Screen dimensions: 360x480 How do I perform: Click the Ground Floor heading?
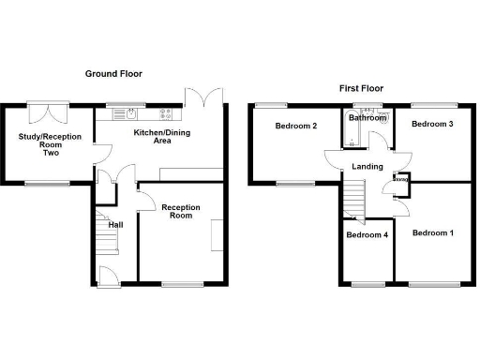pyautogui.click(x=113, y=73)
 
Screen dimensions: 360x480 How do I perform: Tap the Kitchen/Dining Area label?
pyautogui.click(x=161, y=137)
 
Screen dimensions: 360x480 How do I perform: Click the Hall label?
pyautogui.click(x=115, y=225)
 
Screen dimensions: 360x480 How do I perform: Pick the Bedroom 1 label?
pyautogui.click(x=433, y=232)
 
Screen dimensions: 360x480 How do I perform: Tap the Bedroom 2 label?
pyautogui.click(x=295, y=127)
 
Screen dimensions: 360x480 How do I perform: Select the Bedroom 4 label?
pyautogui.click(x=366, y=235)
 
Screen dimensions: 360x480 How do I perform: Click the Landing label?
pyautogui.click(x=367, y=167)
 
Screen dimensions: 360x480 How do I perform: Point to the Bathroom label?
pyautogui.click(x=367, y=118)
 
